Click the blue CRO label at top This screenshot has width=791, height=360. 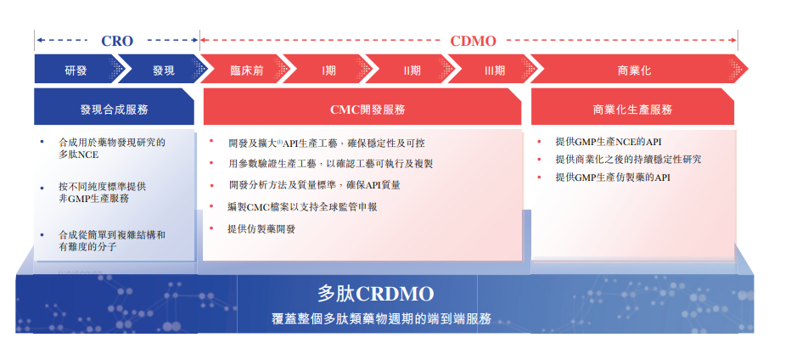[117, 41]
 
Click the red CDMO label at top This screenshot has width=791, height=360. [473, 41]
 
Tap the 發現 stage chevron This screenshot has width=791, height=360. [162, 69]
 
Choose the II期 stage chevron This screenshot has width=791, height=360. [412, 69]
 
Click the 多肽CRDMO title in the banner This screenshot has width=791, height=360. [375, 294]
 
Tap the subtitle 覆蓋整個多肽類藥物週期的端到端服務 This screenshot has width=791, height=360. [381, 318]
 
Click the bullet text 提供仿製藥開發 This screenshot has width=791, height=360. [261, 228]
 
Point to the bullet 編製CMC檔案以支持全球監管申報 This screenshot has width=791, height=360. [302, 207]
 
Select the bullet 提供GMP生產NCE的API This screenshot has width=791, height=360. [609, 143]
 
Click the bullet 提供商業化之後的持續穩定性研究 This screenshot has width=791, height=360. [628, 160]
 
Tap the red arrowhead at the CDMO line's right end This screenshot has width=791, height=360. [734, 40]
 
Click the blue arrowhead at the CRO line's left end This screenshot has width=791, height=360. [38, 40]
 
